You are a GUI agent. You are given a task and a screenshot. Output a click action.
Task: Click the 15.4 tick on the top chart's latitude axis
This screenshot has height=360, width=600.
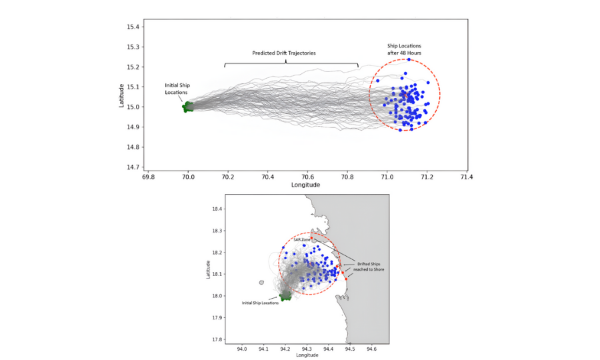(x=133, y=27)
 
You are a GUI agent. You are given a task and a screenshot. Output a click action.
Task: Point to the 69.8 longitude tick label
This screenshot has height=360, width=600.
(x=149, y=177)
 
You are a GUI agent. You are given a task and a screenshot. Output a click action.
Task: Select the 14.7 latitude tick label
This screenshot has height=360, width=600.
(x=133, y=167)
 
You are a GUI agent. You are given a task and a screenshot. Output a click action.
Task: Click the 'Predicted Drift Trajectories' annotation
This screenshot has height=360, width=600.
(x=284, y=53)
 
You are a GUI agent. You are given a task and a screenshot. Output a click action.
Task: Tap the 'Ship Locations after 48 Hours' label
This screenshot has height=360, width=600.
(x=404, y=49)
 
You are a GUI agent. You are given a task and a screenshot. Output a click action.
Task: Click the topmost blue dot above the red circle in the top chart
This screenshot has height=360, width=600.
(x=409, y=59)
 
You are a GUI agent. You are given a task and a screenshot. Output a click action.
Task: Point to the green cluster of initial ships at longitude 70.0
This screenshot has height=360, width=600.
(x=187, y=107)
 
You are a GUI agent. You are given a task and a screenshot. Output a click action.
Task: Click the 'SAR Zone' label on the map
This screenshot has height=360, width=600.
(x=301, y=239)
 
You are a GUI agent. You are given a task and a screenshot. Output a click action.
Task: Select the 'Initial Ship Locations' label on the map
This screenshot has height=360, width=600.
(x=260, y=303)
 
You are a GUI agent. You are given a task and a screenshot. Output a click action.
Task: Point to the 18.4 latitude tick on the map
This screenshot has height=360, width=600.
(x=217, y=209)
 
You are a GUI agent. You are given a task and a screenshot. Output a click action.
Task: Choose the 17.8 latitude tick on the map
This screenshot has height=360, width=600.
(x=217, y=339)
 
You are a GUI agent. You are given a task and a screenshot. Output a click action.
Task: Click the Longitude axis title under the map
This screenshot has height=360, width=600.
(x=307, y=355)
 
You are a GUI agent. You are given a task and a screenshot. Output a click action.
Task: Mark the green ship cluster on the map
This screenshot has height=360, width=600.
(x=286, y=295)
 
